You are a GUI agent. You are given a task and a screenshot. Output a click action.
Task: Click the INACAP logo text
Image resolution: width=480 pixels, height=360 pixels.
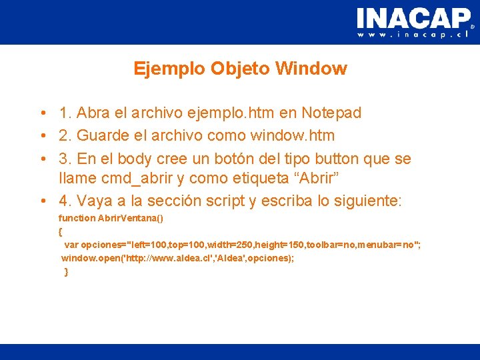pos(413,18)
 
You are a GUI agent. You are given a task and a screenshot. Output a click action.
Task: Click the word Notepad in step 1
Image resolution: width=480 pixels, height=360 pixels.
pos(331,113)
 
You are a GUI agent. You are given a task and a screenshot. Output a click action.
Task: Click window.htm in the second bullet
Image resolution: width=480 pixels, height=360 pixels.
pos(293,136)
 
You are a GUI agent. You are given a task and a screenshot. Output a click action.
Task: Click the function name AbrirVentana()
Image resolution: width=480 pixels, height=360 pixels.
pos(131,219)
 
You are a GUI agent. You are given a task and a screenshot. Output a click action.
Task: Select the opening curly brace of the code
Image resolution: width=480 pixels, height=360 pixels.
pos(61,231)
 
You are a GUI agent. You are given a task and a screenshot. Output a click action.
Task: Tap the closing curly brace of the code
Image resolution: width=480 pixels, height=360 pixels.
pos(66,271)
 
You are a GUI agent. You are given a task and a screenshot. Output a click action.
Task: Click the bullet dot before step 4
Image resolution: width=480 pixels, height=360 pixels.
pos(42,201)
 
